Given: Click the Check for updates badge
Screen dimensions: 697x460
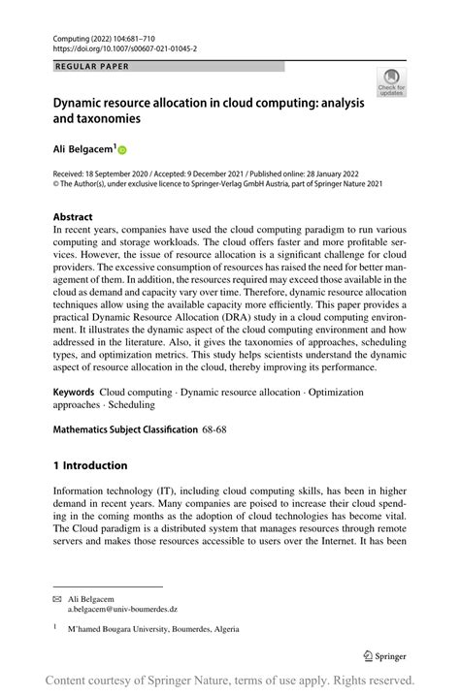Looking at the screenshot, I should point(392,82).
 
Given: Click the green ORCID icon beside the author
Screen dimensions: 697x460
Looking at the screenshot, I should point(123,151).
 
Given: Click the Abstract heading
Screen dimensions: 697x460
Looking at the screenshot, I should point(73,217).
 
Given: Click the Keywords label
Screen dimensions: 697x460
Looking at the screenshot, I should point(75,393).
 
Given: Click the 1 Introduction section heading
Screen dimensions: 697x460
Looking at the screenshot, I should point(90,465).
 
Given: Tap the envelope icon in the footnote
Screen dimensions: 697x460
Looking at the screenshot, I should point(56,601).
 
